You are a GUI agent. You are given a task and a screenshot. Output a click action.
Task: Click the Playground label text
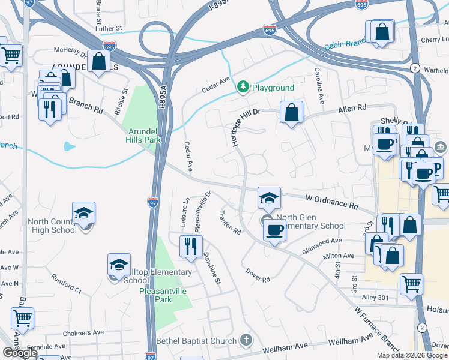(x=273, y=88)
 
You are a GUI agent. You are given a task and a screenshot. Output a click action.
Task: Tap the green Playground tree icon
(x=243, y=88)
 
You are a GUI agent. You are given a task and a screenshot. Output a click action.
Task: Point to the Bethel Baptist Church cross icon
(x=245, y=341)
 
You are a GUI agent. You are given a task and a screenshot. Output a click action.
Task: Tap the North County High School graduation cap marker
(x=84, y=214)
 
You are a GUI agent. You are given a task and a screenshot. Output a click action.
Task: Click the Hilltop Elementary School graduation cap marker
(x=119, y=265)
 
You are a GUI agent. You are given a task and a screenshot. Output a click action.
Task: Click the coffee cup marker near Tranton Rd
(x=274, y=230)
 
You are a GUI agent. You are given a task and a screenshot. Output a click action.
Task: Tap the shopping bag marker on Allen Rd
(x=291, y=113)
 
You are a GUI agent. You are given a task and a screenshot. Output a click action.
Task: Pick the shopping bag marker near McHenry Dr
(x=98, y=62)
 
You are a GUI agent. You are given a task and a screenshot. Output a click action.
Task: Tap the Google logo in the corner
(x=20, y=353)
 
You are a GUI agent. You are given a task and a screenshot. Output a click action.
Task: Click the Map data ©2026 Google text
(x=411, y=355)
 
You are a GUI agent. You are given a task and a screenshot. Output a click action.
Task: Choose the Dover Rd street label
(x=258, y=275)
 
